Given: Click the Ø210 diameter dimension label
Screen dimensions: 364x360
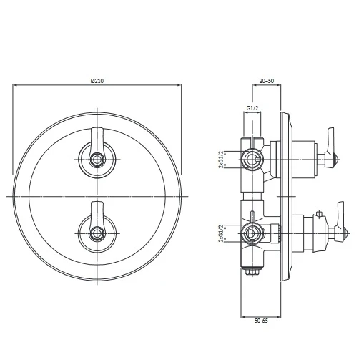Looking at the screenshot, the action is point(97,81).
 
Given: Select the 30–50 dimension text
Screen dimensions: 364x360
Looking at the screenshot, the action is point(267,81).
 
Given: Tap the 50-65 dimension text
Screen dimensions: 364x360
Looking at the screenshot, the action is point(261,321).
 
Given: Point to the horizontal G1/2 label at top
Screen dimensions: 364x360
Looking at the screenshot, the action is point(252,108).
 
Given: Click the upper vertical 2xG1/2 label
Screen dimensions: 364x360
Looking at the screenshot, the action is point(222,160).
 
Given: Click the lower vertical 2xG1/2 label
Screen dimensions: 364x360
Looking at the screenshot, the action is point(222,233).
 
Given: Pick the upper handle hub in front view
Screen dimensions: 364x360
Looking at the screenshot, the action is point(97,160).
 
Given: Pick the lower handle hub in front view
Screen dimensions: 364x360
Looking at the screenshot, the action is point(97,233).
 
